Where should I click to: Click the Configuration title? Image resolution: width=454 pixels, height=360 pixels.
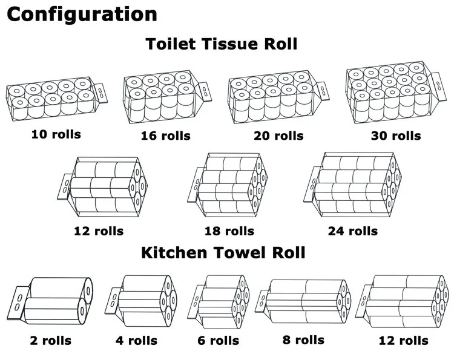(82, 15)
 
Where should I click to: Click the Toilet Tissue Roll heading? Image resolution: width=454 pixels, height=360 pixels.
(222, 44)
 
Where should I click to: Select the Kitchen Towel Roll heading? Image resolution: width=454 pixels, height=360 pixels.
(223, 252)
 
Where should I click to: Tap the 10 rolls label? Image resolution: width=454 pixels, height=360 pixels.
(56, 134)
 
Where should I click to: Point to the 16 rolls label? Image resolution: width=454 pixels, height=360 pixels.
(166, 136)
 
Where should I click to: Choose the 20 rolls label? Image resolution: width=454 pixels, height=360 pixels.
(278, 136)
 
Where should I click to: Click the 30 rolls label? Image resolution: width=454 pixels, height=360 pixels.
(396, 136)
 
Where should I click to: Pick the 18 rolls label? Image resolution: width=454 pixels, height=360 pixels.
(229, 231)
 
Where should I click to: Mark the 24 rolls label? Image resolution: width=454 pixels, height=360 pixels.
(353, 231)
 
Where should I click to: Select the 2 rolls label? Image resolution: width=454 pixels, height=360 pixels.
(50, 341)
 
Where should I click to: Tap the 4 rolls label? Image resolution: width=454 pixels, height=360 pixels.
(136, 341)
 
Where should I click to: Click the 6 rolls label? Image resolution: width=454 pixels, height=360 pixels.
(219, 341)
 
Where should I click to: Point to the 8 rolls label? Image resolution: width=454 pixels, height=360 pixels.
(303, 340)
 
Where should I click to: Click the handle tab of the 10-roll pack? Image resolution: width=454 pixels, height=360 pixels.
(101, 93)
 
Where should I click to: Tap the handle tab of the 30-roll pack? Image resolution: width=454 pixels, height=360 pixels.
(439, 86)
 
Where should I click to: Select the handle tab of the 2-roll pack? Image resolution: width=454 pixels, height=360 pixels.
(18, 303)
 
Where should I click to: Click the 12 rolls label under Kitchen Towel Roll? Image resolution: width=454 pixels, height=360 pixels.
(404, 341)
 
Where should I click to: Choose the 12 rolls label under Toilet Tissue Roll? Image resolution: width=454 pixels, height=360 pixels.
(99, 231)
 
